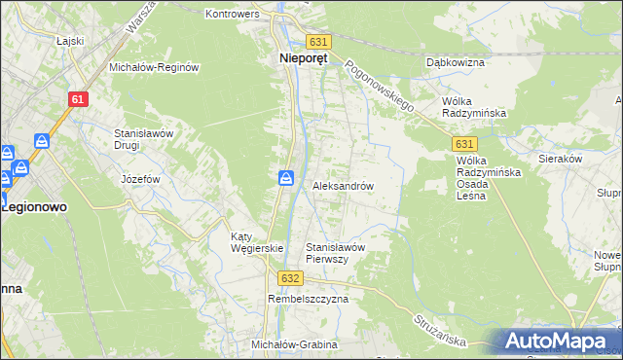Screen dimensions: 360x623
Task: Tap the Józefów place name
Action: (x=140, y=180)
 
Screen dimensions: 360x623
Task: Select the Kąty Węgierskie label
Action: (x=256, y=241)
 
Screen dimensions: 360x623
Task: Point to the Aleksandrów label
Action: (x=343, y=185)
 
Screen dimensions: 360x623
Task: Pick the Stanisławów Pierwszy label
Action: (x=335, y=252)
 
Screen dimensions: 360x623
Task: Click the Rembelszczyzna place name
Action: (x=308, y=300)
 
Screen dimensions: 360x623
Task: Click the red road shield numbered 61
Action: (x=79, y=99)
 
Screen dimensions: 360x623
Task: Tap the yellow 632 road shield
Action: (x=289, y=277)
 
